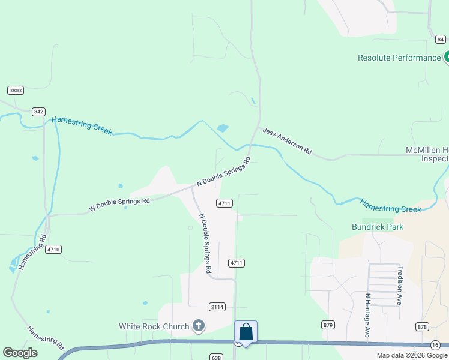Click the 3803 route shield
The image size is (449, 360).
16,91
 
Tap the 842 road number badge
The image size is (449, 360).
39,112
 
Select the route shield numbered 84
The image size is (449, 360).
441,40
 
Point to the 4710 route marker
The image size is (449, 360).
53,249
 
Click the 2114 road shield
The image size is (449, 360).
217,307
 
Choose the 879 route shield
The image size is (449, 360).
328,325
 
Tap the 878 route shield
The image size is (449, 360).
422,326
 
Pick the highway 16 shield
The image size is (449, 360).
435,344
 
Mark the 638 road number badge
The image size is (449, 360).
217,357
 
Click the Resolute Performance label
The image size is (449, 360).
399,58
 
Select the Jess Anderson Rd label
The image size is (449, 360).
286,142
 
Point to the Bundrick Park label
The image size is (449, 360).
378,227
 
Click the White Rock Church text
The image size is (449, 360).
154,326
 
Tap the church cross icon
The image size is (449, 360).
199,326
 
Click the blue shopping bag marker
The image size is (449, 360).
246,332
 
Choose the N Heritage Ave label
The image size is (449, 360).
367,314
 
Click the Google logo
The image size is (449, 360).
20,353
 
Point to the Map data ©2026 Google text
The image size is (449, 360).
412,355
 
